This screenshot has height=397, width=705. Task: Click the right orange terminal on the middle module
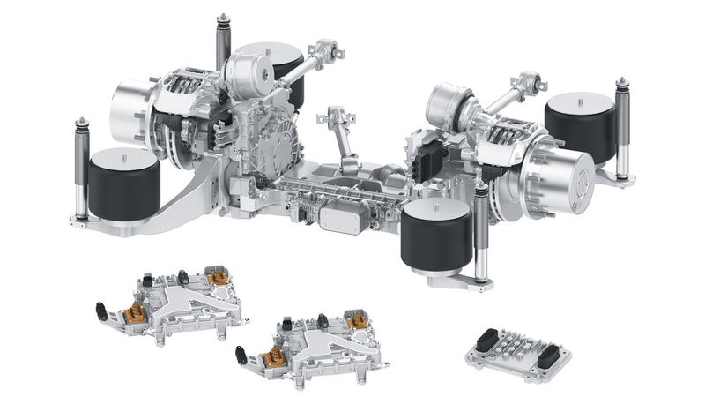pyautogui.click(x=356, y=323)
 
